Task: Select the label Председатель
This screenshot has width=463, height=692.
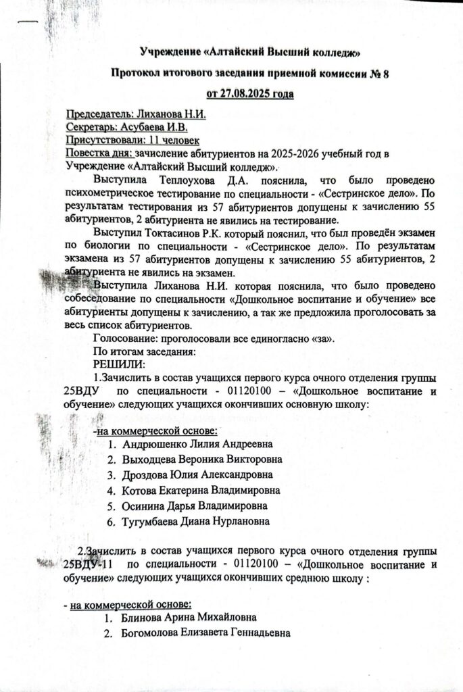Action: point(95,114)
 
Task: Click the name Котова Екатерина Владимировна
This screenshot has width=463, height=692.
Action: point(200,490)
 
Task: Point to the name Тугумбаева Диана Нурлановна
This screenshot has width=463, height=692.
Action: point(196,521)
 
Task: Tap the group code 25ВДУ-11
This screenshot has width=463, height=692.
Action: point(89,564)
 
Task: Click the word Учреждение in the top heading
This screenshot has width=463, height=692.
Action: point(169,51)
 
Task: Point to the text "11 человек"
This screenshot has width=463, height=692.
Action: point(172,140)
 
